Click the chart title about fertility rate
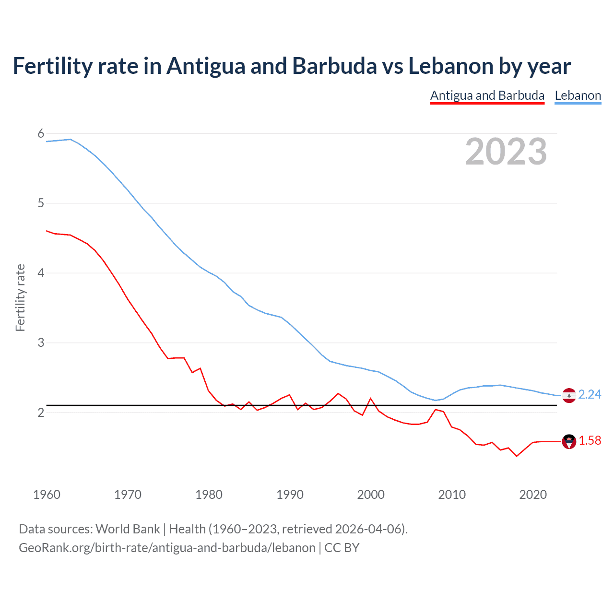point(292,66)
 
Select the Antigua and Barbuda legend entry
point(487,95)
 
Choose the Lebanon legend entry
point(578,95)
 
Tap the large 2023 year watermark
point(506,152)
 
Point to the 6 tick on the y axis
point(41,133)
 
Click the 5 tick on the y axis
point(41,203)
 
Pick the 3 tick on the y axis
point(41,342)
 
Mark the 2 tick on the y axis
point(41,413)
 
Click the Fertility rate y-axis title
point(20,297)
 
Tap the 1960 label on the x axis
point(47,495)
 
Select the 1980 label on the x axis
point(209,495)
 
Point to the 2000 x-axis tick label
point(371,495)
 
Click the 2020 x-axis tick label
point(533,495)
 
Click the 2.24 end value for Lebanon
point(590,394)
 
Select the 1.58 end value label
point(590,440)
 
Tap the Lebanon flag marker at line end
point(568,395)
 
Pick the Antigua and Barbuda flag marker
point(568,441)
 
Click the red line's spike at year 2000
point(371,398)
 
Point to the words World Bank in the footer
point(128,529)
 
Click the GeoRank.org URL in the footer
point(167,547)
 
